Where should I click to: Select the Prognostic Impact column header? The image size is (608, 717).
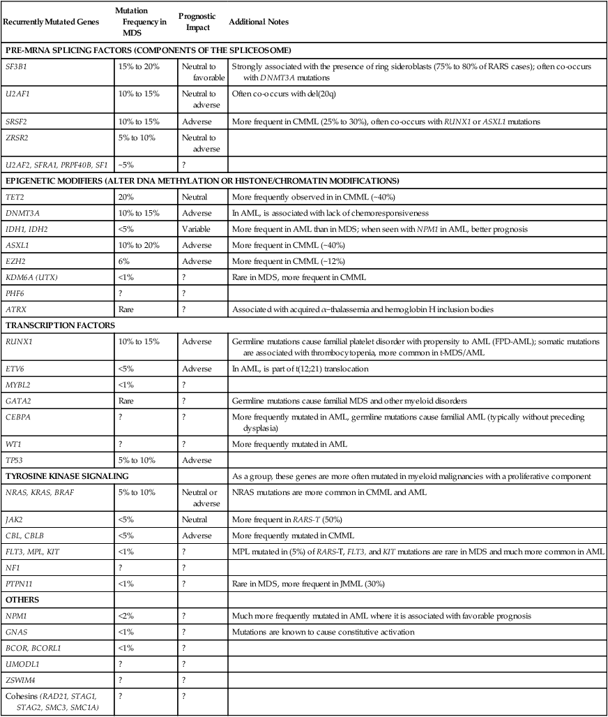[197, 22]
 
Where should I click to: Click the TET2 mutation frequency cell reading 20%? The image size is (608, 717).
[128, 198]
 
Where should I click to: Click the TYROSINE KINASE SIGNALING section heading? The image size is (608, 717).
[63, 475]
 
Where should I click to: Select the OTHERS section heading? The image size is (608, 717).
[22, 600]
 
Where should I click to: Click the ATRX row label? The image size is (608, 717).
[15, 308]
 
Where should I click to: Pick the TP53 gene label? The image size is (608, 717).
[15, 460]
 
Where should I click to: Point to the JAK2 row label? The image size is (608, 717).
[14, 519]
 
